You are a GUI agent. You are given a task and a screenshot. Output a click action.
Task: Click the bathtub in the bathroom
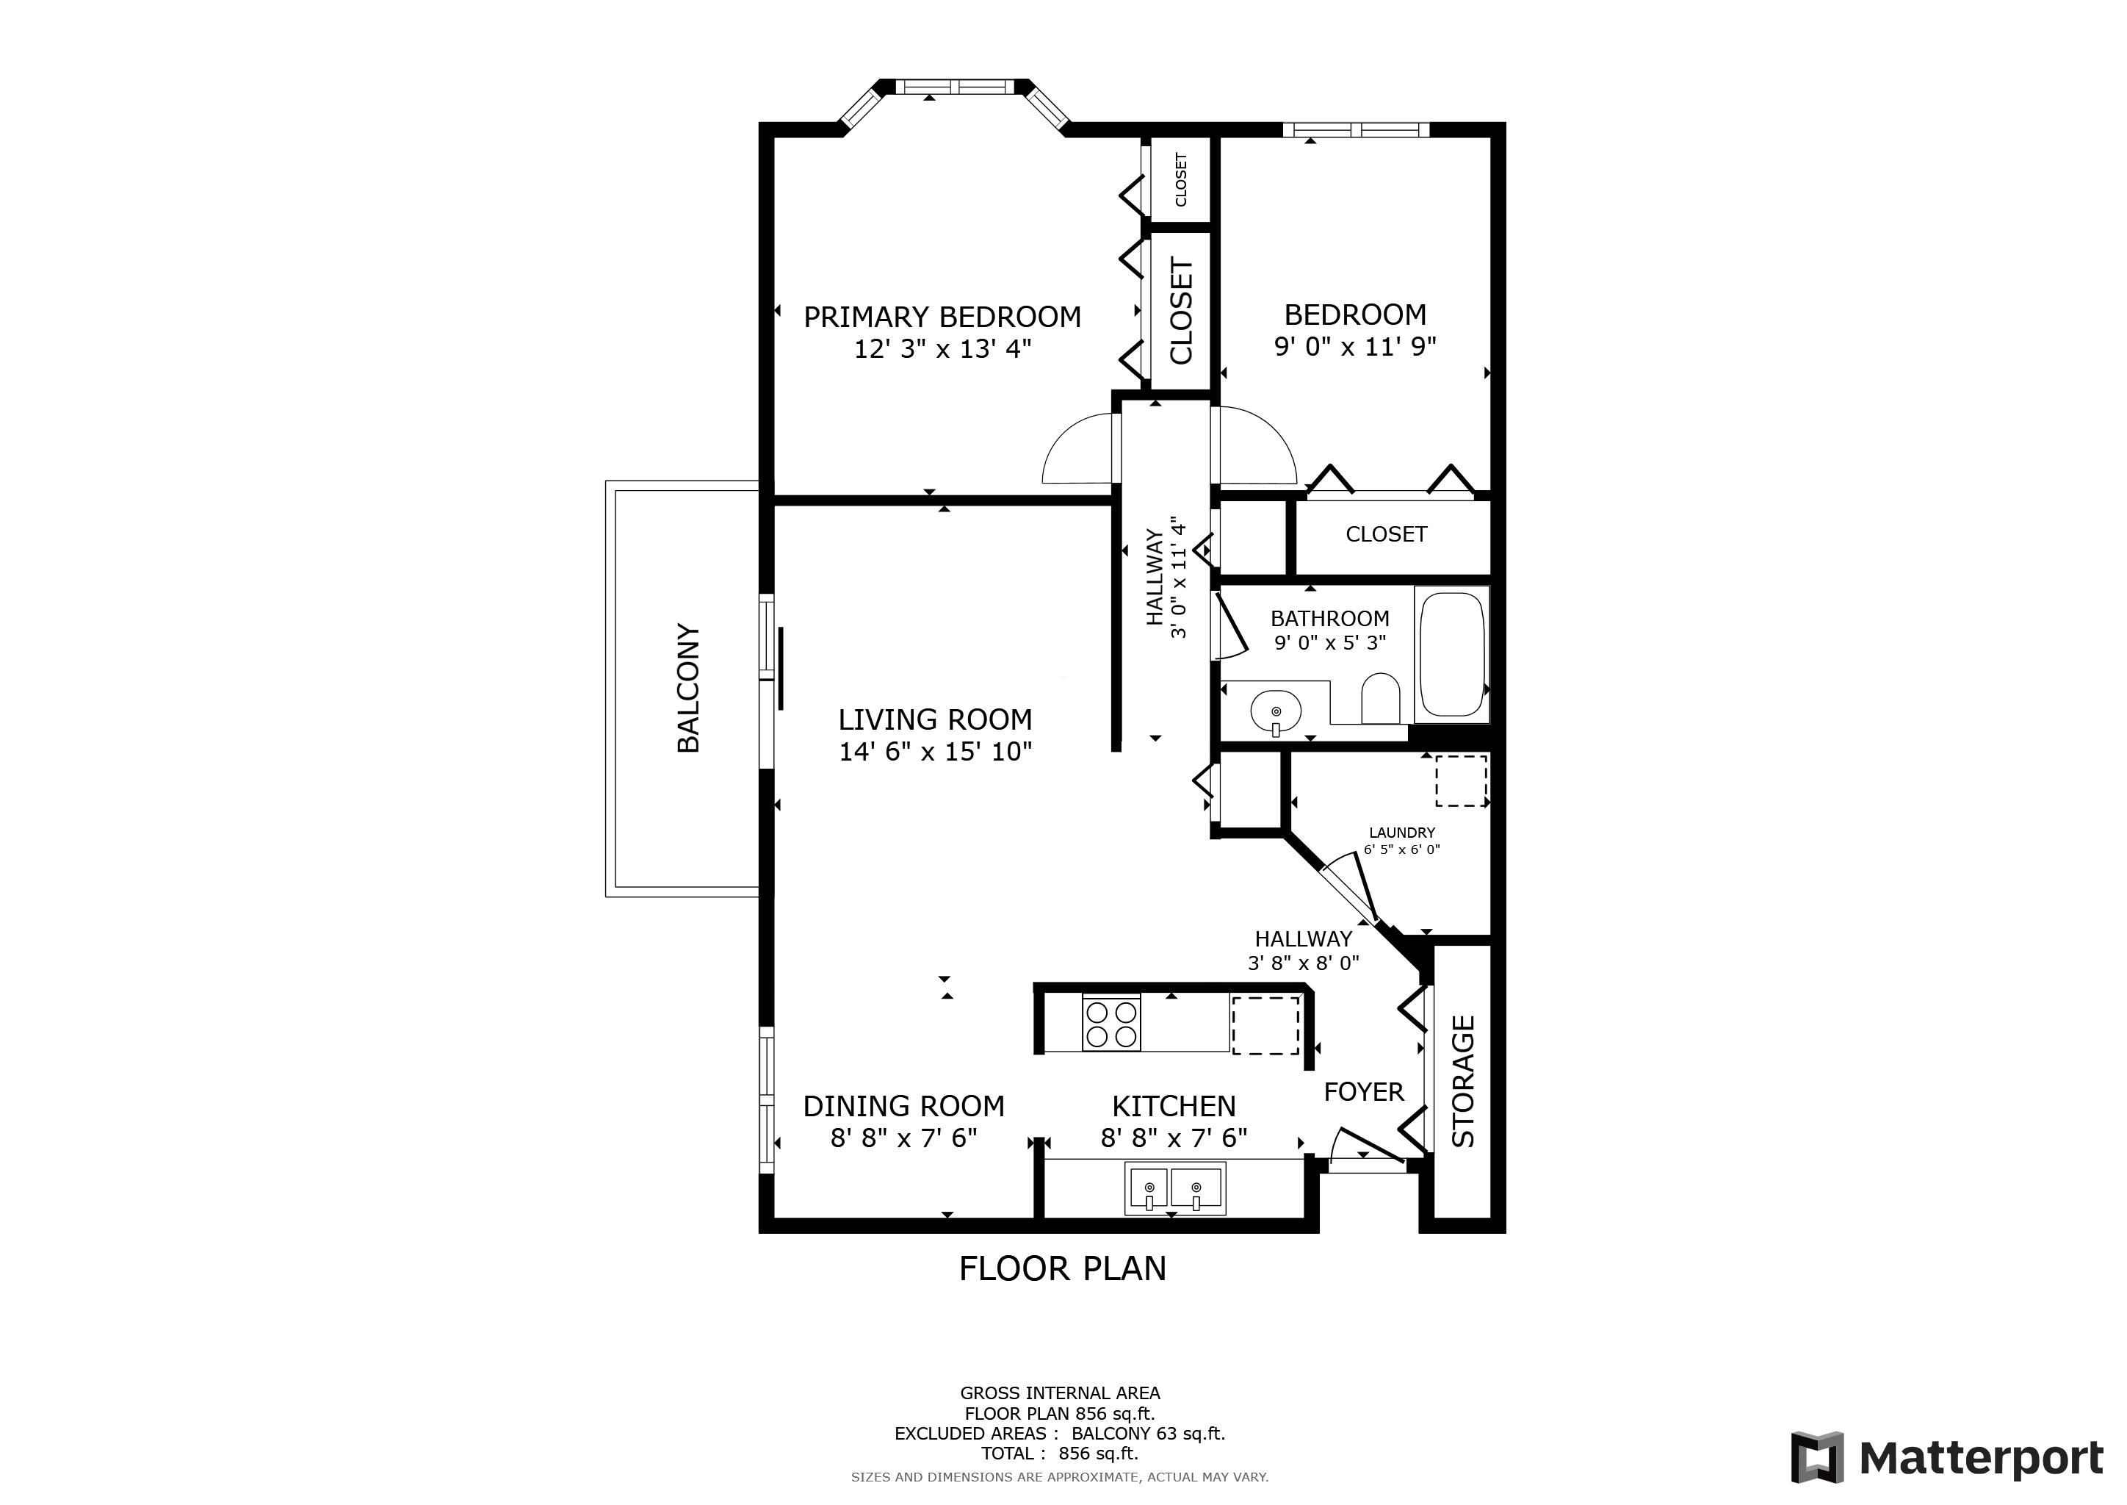pos(1451,654)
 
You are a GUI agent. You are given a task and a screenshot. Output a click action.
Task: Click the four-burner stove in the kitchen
pos(1111,1022)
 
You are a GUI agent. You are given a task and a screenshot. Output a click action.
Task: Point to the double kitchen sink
pos(1174,1189)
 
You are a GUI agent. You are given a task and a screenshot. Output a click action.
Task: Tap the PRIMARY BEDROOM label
pos(942,317)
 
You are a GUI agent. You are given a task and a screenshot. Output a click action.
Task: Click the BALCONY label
pos(688,688)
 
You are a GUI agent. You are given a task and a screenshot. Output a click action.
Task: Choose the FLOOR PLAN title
pos(1063,1268)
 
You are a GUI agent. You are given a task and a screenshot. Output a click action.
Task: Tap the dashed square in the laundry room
pos(1461,780)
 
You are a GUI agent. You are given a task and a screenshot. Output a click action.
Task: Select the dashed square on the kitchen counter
pos(1265,1025)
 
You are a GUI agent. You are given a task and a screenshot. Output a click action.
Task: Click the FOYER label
pos(1364,1092)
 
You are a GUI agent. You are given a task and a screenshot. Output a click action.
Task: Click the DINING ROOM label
pos(903,1105)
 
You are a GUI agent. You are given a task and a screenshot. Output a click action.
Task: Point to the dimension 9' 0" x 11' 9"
pos(1355,347)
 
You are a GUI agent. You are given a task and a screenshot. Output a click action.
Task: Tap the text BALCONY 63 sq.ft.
pos(1148,1434)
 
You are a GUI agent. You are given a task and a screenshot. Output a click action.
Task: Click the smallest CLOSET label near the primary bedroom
pos(1180,180)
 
